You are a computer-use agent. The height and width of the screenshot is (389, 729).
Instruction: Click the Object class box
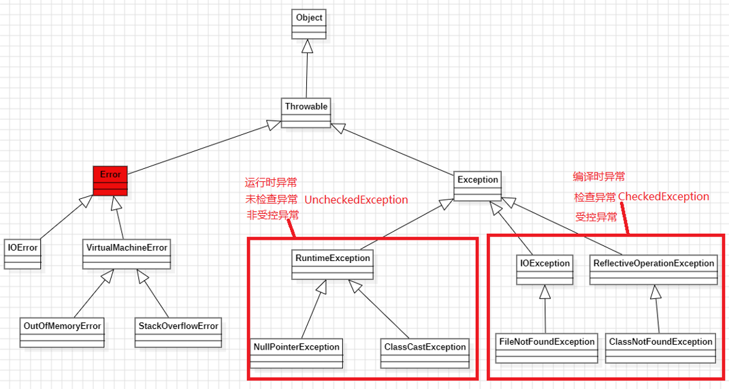click(309, 25)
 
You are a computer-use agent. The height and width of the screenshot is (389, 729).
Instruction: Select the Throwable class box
click(306, 112)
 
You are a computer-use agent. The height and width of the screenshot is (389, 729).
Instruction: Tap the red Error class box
click(110, 181)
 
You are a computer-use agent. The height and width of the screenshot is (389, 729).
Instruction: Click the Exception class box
click(477, 186)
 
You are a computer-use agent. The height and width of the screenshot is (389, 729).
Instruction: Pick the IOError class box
click(22, 254)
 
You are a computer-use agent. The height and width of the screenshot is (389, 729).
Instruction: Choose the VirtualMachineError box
click(127, 254)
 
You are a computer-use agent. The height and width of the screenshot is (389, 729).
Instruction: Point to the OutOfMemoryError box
click(62, 332)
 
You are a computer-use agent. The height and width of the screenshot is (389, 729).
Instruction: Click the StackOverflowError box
click(178, 332)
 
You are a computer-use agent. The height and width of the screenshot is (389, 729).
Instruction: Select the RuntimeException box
click(332, 265)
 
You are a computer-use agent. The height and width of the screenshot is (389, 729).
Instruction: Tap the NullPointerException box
click(296, 354)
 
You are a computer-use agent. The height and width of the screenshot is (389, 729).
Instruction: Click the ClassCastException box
click(425, 354)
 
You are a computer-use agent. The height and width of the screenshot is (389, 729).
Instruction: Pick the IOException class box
click(545, 270)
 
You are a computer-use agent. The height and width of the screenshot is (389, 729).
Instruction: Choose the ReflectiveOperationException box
click(653, 270)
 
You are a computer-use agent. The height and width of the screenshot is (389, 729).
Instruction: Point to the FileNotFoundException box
click(547, 348)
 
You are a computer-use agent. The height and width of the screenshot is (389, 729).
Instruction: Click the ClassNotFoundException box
click(661, 348)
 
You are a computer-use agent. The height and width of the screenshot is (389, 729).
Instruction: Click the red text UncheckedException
click(356, 200)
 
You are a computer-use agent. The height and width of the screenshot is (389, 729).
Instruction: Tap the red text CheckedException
click(664, 196)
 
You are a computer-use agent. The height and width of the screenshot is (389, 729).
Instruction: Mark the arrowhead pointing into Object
click(307, 46)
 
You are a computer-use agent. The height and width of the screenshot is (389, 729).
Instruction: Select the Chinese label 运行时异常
click(271, 182)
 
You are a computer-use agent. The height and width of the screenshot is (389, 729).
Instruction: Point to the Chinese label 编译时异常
click(599, 176)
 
